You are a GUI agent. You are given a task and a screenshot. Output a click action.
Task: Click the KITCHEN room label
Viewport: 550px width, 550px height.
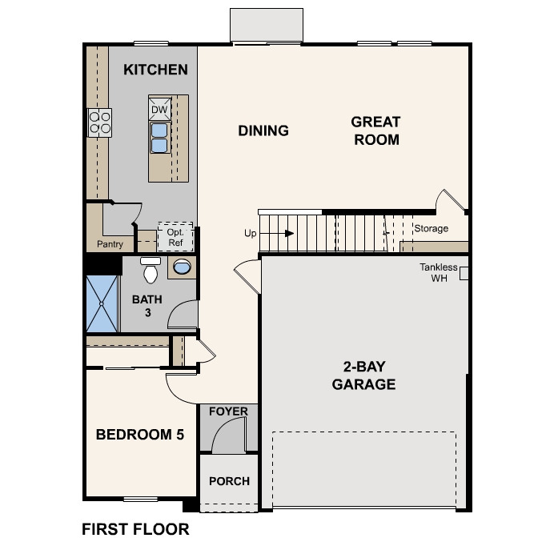(x=155, y=70)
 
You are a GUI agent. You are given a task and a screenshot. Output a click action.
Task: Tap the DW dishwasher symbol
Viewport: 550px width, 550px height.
(x=159, y=109)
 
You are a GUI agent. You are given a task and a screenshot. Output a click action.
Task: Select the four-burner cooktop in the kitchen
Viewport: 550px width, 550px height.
(x=99, y=122)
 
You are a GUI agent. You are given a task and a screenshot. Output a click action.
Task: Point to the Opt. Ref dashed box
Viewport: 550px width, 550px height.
(x=175, y=236)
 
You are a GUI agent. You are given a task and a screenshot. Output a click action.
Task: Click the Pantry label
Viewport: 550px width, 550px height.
(x=110, y=244)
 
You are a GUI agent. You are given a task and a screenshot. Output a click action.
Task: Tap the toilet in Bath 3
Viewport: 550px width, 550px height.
(x=150, y=271)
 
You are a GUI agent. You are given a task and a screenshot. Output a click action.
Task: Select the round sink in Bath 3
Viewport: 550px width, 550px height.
(x=183, y=267)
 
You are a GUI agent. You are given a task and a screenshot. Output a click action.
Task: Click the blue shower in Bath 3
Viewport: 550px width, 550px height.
(x=102, y=303)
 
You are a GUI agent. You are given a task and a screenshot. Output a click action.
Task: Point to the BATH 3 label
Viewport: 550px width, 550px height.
(x=147, y=306)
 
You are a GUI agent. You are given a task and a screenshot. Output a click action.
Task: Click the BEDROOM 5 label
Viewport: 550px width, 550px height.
(x=140, y=435)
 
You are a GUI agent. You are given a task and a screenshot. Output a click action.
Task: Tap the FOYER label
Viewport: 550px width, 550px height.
(x=228, y=411)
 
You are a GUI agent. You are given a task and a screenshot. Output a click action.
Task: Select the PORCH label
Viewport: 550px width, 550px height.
(x=229, y=481)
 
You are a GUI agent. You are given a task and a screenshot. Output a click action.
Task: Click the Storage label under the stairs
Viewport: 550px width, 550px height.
(x=431, y=229)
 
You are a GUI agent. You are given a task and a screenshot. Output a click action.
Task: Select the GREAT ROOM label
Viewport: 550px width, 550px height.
(x=375, y=130)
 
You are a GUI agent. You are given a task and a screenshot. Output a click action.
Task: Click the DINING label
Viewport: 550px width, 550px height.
(x=263, y=130)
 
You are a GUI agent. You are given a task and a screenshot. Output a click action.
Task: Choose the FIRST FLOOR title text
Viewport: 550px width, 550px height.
(x=135, y=529)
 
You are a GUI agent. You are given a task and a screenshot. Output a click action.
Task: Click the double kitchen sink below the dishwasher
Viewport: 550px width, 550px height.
(x=159, y=137)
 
